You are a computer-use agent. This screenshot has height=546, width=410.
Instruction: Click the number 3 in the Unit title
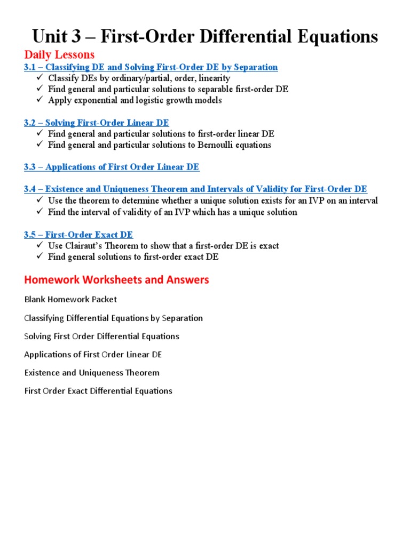tap(78, 36)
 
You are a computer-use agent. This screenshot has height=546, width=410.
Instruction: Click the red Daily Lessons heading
tap(59, 54)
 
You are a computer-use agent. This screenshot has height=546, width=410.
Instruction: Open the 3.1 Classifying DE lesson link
tap(151, 67)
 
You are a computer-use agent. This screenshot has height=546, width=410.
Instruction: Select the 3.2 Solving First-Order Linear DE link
tap(96, 123)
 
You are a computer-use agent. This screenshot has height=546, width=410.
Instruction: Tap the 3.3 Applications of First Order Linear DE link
tap(112, 167)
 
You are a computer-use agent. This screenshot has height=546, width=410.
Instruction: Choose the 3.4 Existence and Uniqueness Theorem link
tap(195, 189)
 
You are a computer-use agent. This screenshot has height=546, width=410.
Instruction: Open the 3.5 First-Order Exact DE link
tap(78, 235)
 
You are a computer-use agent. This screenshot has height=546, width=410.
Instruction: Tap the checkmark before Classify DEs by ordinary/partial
tap(41, 78)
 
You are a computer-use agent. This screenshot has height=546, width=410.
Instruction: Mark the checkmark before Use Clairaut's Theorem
tap(41, 246)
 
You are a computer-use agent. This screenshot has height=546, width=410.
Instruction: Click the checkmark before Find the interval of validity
tap(41, 212)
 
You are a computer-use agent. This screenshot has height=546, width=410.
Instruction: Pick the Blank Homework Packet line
tap(70, 300)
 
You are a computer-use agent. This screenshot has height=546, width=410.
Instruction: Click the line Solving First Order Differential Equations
tap(102, 336)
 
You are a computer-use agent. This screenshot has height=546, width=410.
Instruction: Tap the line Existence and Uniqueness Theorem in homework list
tap(92, 373)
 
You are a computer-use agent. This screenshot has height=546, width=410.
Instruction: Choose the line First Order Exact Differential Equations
tap(98, 391)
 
